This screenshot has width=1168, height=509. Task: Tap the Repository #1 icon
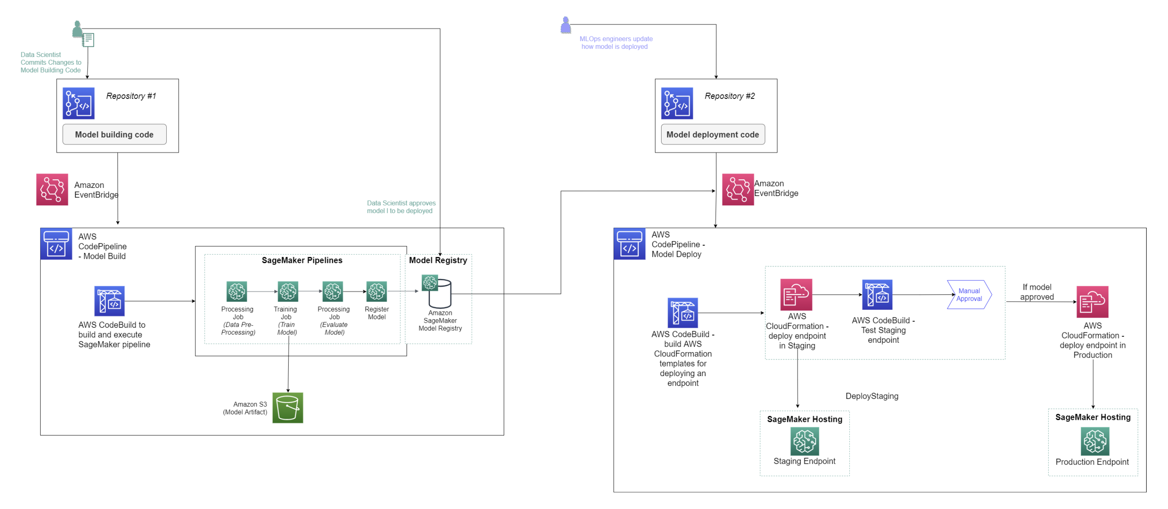(78, 103)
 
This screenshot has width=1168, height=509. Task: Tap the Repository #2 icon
(677, 103)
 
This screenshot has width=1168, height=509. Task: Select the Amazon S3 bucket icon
(288, 408)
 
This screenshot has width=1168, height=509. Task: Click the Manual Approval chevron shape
(969, 295)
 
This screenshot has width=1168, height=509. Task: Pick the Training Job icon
(288, 291)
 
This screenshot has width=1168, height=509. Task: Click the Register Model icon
(376, 291)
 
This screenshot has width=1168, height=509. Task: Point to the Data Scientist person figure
(78, 29)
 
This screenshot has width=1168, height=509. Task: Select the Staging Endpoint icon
(805, 441)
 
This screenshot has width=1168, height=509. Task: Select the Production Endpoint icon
(1094, 441)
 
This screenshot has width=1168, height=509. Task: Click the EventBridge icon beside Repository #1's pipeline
(52, 189)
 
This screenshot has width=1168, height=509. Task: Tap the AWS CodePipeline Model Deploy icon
(629, 244)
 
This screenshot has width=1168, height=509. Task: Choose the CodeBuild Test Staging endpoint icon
(877, 295)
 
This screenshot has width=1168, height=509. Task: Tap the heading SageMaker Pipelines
(302, 260)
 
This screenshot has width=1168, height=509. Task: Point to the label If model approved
(1037, 292)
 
